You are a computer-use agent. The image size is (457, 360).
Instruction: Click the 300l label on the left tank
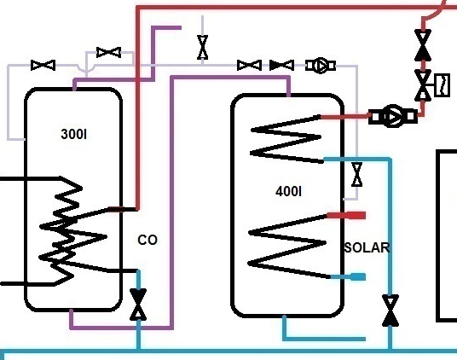73,135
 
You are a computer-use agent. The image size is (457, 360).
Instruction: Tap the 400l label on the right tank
288,191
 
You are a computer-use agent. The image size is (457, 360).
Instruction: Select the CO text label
148,240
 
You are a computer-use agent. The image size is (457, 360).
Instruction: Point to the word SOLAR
367,247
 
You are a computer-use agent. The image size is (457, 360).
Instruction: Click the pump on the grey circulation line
321,66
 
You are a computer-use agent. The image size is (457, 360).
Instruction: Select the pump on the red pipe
393,116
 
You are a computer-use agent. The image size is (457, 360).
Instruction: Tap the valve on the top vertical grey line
203,47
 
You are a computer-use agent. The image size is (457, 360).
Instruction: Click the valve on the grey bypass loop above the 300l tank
108,53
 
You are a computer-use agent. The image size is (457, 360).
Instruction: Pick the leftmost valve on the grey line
43,66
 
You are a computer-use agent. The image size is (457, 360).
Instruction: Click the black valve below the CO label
138,305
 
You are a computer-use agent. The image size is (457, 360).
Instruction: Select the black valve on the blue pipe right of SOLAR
390,311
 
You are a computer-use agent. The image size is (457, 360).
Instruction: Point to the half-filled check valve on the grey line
281,66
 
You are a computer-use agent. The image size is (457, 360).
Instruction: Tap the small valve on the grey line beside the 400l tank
357,175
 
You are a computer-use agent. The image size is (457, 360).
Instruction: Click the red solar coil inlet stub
346,216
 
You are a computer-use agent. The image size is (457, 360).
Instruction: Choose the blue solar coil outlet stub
348,276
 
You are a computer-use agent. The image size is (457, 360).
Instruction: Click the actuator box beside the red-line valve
443,84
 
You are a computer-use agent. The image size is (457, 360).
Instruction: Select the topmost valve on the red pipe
423,45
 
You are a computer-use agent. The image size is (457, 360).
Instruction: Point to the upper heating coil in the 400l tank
286,139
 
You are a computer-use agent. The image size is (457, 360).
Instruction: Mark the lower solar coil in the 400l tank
287,247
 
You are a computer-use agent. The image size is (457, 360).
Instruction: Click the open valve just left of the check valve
249,66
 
